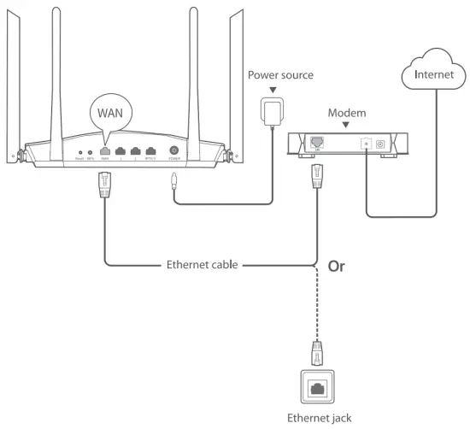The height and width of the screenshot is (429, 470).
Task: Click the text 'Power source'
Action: [x=280, y=75]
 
